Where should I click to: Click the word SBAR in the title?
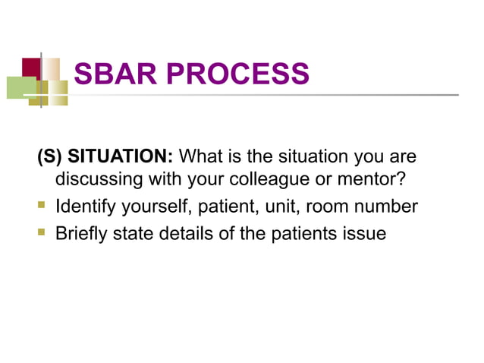pyautogui.click(x=113, y=74)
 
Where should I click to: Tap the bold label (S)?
pyautogui.click(x=49, y=158)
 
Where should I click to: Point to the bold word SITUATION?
pyautogui.click(x=121, y=158)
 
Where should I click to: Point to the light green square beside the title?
pyautogui.click(x=20, y=87)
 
